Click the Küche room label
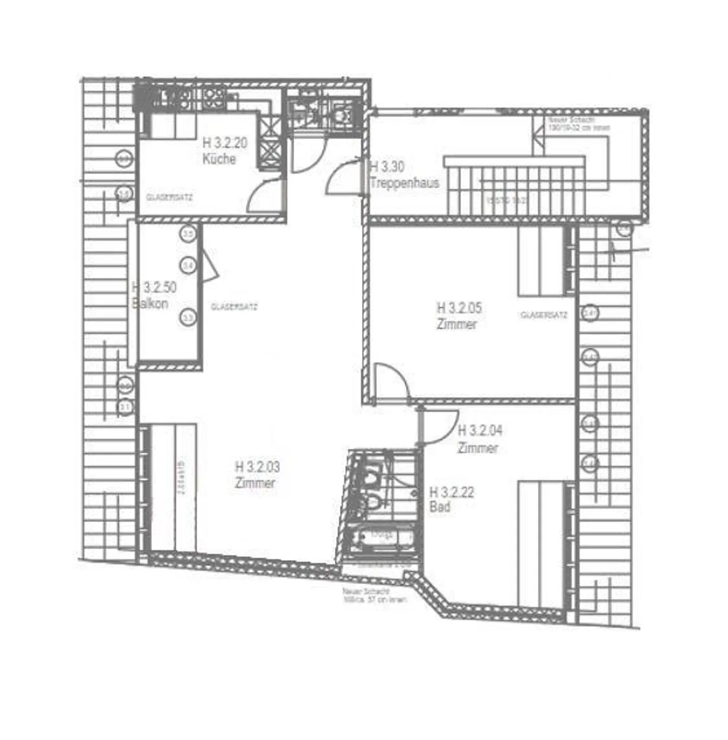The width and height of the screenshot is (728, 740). [219, 159]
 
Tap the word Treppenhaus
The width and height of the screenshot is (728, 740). [404, 183]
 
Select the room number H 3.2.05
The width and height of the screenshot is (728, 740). [459, 308]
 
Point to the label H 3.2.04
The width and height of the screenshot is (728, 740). [480, 430]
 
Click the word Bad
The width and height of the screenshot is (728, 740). [439, 506]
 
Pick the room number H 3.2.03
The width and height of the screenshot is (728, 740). [257, 466]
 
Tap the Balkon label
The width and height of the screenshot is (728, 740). [150, 303]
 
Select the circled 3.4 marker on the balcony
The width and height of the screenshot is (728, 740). [189, 265]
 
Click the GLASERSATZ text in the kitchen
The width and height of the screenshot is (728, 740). [169, 197]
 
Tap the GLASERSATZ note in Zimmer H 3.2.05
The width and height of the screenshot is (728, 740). [544, 315]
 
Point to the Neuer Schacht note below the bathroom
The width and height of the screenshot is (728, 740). [375, 595]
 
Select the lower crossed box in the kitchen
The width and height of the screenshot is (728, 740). [269, 152]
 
